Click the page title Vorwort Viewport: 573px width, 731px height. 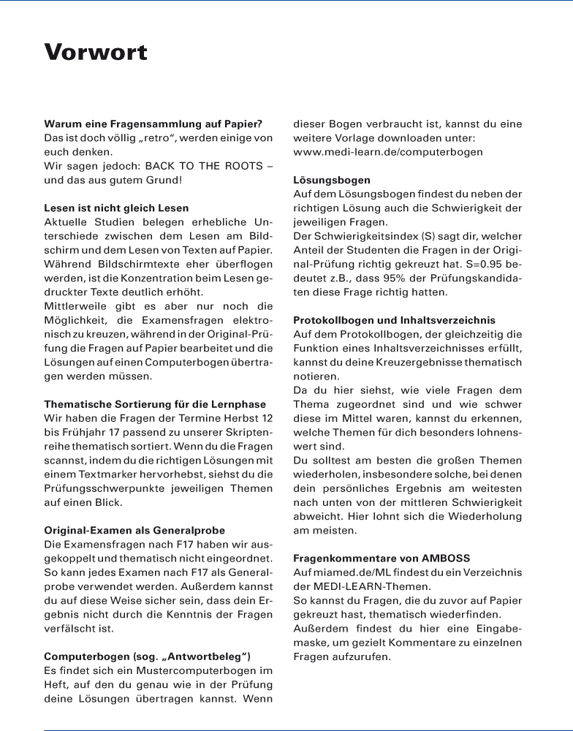pyautogui.click(x=96, y=53)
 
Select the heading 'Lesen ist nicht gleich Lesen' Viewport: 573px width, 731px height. pyautogui.click(x=116, y=208)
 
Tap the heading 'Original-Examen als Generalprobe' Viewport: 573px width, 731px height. pyautogui.click(x=134, y=530)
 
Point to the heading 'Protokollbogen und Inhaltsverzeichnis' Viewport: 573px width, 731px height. pyautogui.click(x=394, y=320)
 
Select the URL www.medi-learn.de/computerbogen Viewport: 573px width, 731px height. pyautogui.click(x=388, y=152)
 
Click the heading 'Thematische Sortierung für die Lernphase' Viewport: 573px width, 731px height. pyautogui.click(x=155, y=404)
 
